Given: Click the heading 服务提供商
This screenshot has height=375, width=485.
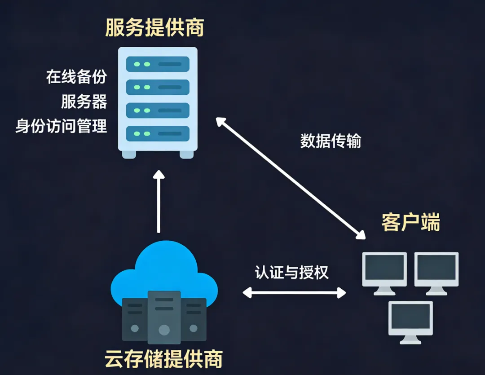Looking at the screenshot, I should coord(154,28).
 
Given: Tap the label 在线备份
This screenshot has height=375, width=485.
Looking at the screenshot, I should coord(76,77).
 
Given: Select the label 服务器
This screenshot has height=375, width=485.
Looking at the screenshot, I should coord(84,101).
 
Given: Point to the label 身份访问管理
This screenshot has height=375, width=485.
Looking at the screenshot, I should coord(61,126).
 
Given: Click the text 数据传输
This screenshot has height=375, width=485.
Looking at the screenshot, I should coord(331,141).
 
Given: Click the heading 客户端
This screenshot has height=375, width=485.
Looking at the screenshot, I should coord(411,222).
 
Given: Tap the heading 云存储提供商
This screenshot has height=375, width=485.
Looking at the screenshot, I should coord(163,359).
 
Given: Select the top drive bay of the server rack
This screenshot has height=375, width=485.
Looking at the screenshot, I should coord(158,64).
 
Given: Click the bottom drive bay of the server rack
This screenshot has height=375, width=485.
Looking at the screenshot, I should coord(158,133).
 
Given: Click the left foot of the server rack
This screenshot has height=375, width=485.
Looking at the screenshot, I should coord(129,154).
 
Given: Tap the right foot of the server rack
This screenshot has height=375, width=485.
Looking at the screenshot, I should coord(186,154).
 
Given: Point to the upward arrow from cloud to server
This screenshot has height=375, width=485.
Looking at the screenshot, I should coord(159,202).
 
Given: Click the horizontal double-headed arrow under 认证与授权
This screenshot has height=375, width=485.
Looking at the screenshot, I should coord(294,293).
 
